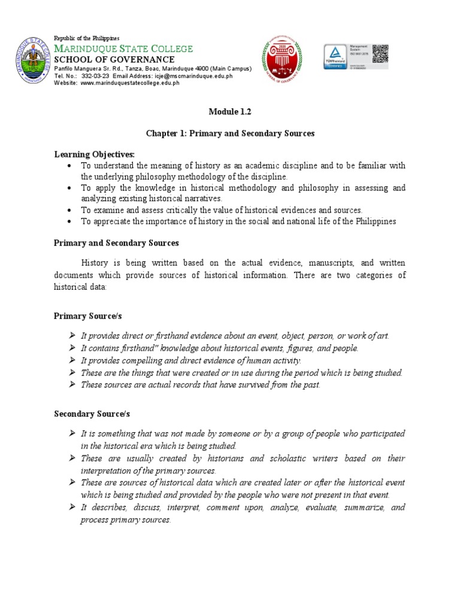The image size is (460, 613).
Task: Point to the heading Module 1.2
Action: pyautogui.click(x=229, y=111)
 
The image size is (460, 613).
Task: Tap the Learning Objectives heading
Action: pyautogui.click(x=95, y=154)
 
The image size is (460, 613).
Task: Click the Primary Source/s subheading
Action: pyautogui.click(x=88, y=315)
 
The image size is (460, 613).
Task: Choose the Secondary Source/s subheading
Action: pyautogui.click(x=92, y=414)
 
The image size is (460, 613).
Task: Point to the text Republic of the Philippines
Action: pyautogui.click(x=87, y=38)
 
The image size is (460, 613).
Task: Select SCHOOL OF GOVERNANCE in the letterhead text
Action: pyautogui.click(x=114, y=60)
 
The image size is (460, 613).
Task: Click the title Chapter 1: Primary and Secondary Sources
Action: pyautogui.click(x=229, y=133)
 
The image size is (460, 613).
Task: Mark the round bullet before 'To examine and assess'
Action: pyautogui.click(x=71, y=210)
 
